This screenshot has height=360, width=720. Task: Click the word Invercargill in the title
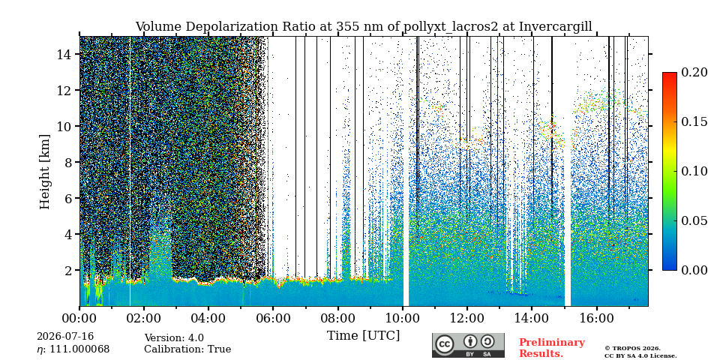pyautogui.click(x=556, y=27)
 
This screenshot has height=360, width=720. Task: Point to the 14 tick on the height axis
pyautogui.click(x=67, y=54)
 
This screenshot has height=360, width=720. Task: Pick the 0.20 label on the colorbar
pyautogui.click(x=694, y=72)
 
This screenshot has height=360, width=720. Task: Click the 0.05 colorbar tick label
pyautogui.click(x=694, y=220)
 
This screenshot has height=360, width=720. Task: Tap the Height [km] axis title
pyautogui.click(x=44, y=171)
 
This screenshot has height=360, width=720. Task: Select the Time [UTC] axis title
pyautogui.click(x=363, y=336)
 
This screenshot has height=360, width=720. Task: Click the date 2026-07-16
pyautogui.click(x=65, y=337)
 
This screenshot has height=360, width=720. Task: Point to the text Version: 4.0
pyautogui.click(x=174, y=338)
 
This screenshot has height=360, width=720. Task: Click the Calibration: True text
pyautogui.click(x=187, y=349)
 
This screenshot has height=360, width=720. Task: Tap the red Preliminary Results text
pyautogui.click(x=552, y=348)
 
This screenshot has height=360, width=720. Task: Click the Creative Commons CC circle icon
pyautogui.click(x=444, y=344)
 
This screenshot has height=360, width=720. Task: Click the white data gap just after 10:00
pyautogui.click(x=406, y=171)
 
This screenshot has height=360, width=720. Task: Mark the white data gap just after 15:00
pyautogui.click(x=568, y=171)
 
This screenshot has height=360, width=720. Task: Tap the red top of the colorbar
pyautogui.click(x=670, y=75)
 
